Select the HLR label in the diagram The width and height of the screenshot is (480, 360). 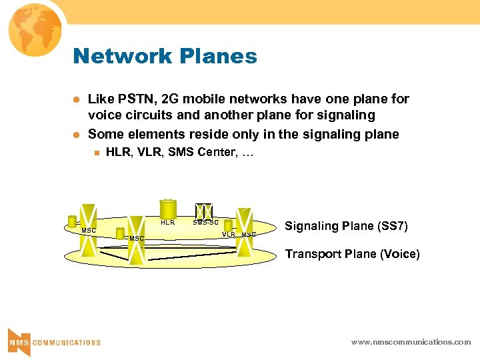168,223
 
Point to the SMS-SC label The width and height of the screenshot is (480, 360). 205,223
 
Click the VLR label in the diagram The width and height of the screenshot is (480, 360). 229,235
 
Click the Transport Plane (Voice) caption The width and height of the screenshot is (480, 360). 352,254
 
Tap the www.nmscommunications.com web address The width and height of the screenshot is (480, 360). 411,342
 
